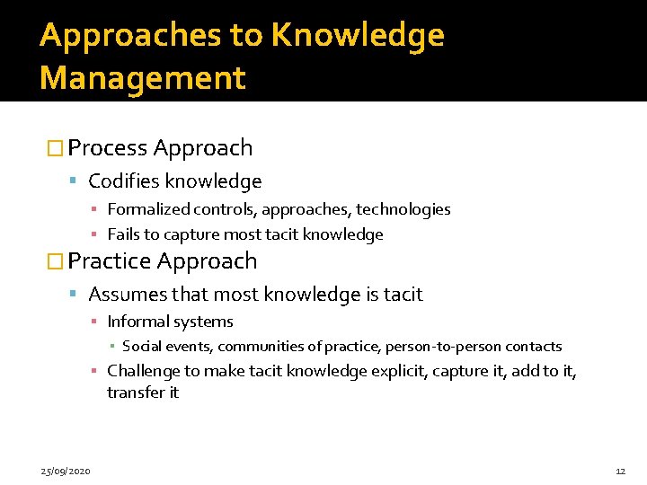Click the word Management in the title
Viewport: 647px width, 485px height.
point(142,78)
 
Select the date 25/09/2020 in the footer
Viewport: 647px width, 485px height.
point(65,471)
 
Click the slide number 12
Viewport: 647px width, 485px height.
point(620,471)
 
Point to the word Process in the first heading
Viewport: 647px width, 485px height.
point(108,148)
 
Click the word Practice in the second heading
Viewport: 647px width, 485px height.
point(110,261)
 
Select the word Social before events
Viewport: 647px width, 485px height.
point(142,347)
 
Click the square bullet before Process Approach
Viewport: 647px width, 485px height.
point(55,149)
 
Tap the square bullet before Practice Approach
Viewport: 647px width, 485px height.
point(55,262)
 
